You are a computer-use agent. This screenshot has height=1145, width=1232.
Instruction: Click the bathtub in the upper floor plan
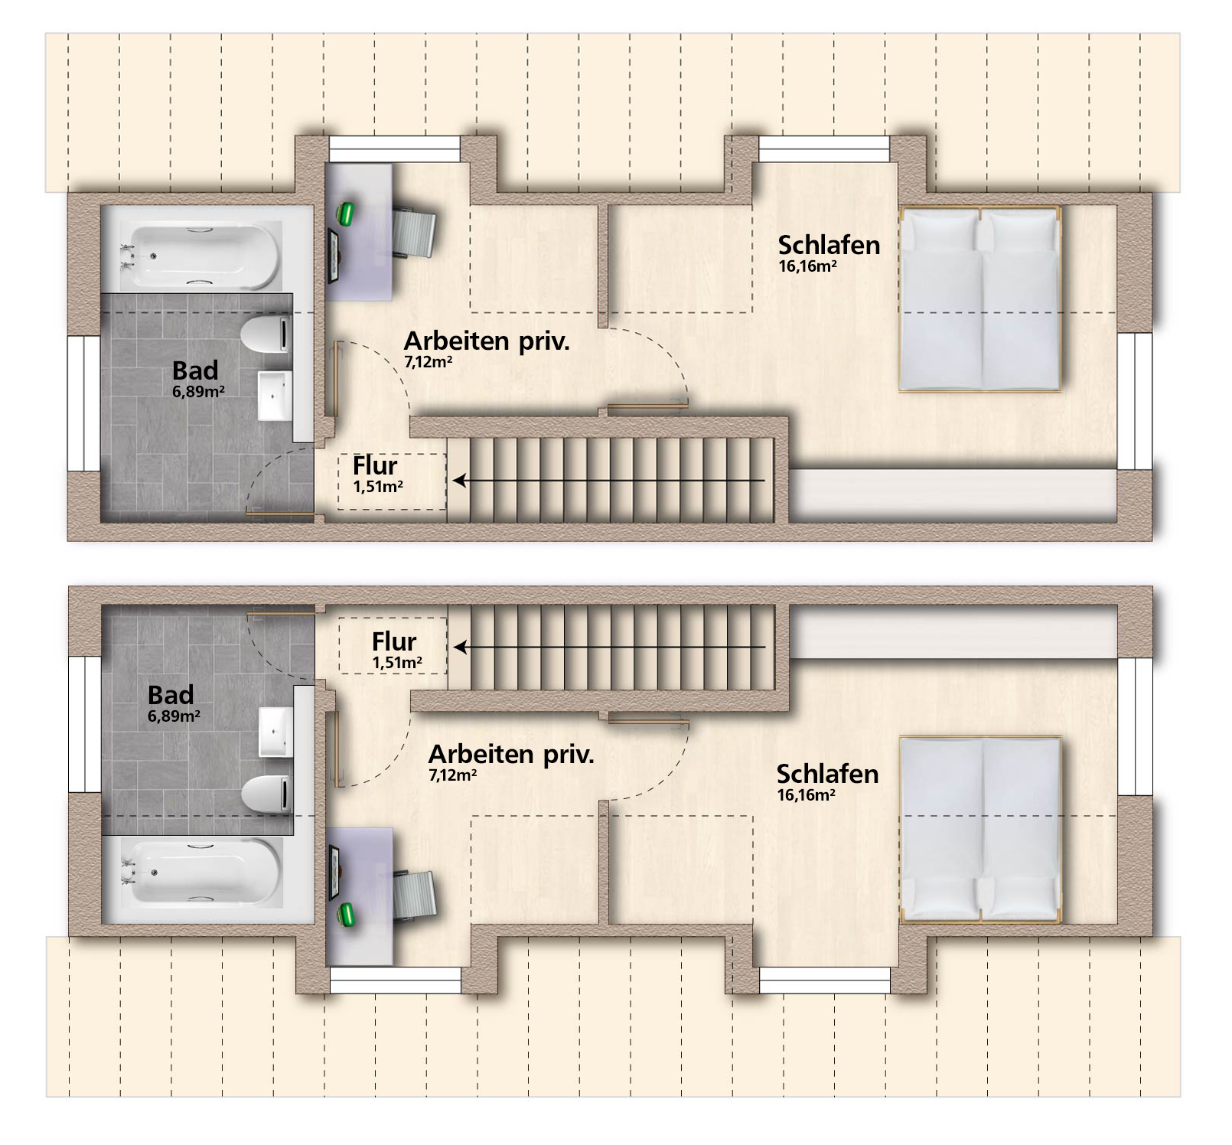[x=200, y=254]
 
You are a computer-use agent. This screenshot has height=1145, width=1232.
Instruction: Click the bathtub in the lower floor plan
[x=200, y=873]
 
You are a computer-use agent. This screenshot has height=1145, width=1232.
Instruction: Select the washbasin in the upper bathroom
[x=275, y=395]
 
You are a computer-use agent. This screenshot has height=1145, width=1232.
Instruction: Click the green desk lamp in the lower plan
[x=345, y=915]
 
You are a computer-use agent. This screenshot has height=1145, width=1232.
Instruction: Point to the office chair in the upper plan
[x=415, y=231]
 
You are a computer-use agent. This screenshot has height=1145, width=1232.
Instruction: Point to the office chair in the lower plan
[x=415, y=895]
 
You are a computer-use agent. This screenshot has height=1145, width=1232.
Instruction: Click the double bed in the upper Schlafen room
[x=980, y=298]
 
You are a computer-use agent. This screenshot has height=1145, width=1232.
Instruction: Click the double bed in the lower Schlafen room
[x=980, y=829]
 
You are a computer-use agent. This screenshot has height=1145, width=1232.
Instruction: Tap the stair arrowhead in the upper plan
[x=460, y=481]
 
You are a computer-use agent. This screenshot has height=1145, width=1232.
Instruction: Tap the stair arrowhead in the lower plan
[x=460, y=647]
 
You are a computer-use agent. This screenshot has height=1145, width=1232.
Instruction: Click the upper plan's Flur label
[x=375, y=465]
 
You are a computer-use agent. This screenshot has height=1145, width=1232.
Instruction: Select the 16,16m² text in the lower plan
[x=807, y=795]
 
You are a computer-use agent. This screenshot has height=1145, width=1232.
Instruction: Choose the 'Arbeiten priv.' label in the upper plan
[x=487, y=341]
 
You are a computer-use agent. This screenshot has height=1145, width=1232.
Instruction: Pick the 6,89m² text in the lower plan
[x=174, y=716]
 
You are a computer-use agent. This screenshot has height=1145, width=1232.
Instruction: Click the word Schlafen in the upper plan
[x=829, y=245]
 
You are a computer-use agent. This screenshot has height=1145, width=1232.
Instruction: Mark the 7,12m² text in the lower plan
[x=453, y=775]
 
